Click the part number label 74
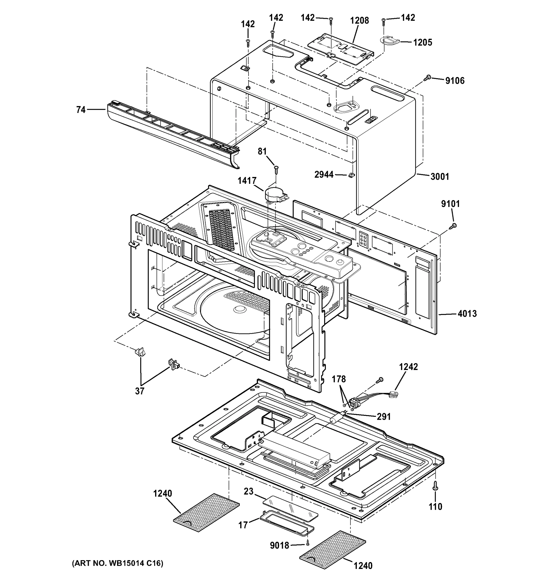point(81,110)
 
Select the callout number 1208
point(359,21)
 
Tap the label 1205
point(422,42)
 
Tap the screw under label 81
point(276,169)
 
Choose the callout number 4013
point(467,314)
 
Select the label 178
point(339,379)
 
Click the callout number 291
point(384,417)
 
